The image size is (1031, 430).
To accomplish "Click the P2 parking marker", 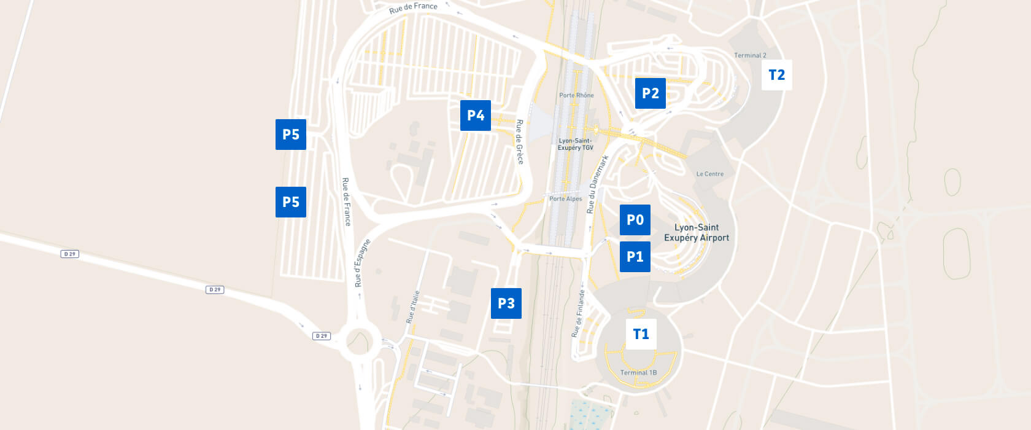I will click(650, 93).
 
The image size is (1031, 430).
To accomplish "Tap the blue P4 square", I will click(475, 115).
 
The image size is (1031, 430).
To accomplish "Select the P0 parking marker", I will click(635, 220).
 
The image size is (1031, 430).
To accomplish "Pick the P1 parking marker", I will click(635, 257).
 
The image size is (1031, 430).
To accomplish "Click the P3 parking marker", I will click(506, 303).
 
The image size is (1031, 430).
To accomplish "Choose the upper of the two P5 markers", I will click(290, 135).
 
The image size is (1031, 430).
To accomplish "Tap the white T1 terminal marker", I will click(641, 334).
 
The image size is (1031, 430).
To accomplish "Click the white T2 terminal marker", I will click(776, 75).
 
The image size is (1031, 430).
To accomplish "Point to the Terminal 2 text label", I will click(750, 55).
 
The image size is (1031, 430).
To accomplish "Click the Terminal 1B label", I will click(638, 373).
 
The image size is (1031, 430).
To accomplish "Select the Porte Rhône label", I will click(576, 95).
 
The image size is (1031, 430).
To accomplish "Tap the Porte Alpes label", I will click(565, 199).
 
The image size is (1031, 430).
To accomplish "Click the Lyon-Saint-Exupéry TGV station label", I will click(576, 144).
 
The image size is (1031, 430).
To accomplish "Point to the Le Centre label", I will click(709, 174).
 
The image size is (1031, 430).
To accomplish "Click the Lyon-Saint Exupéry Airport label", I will click(697, 233).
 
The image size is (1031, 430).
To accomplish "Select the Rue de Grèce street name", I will click(520, 142).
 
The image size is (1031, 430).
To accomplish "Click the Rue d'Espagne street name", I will click(362, 263).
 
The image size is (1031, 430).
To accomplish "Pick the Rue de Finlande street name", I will click(578, 313).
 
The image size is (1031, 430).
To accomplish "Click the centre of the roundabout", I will click(359, 340).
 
